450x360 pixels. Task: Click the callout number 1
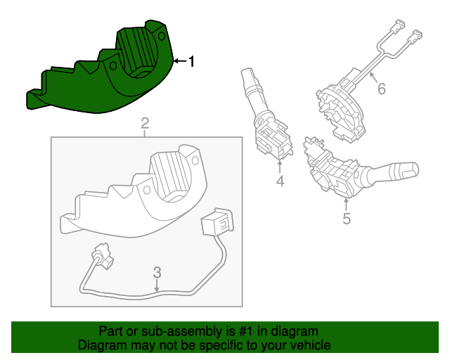coord(191,62)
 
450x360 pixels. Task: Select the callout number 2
coord(145,124)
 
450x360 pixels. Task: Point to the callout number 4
coord(280,182)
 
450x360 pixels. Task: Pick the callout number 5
coord(347,219)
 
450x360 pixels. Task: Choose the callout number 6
coord(382,89)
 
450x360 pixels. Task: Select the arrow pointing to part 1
coord(179,62)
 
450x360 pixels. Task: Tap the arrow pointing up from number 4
coord(280,167)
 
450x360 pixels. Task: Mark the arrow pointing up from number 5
coord(346,205)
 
